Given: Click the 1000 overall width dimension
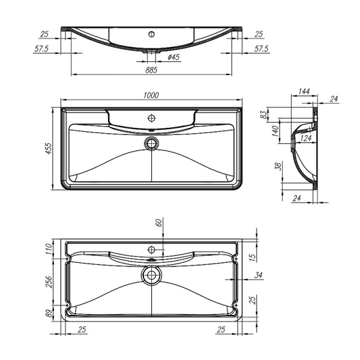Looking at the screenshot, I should (151, 95).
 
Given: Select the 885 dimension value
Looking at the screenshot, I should (151, 70).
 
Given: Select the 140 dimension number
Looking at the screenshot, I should (275, 132).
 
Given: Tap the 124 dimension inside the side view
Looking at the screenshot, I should (305, 139).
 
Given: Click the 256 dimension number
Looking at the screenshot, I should (49, 280).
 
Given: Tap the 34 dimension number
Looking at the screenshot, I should (258, 276).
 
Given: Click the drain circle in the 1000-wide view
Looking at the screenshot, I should (152, 143).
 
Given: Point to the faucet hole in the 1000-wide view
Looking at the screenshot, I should (152, 118).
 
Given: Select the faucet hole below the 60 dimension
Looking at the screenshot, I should (152, 248).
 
